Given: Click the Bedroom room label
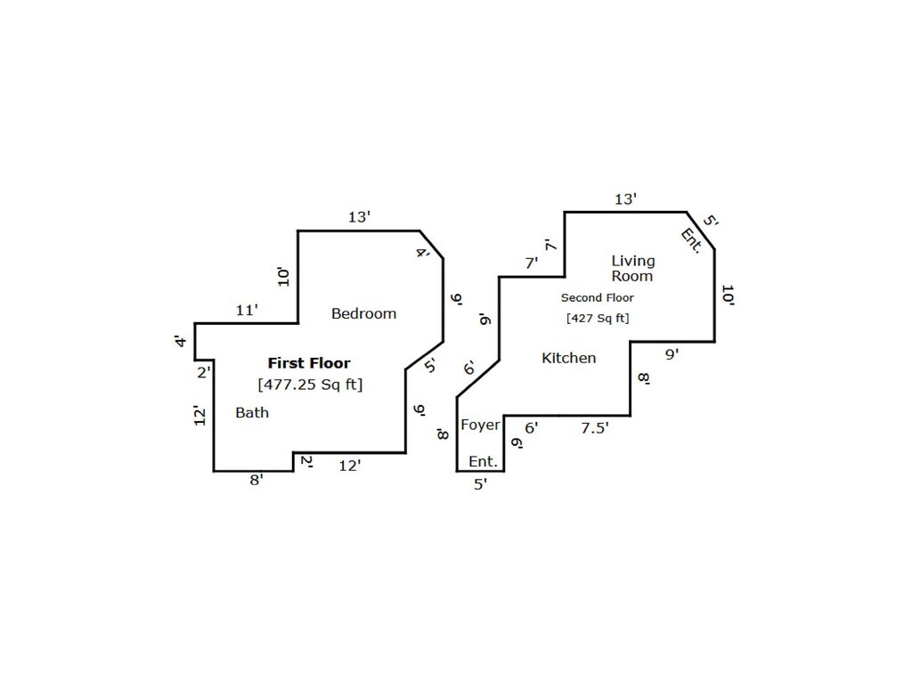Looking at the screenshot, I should tap(363, 313).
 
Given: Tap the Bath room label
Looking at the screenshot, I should tap(252, 413).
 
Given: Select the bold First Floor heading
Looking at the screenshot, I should tap(309, 363).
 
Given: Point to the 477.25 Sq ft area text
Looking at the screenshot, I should tap(310, 385).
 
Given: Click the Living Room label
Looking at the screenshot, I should tap(632, 268).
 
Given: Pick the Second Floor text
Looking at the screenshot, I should tap(597, 298).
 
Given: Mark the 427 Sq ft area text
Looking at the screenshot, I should tap(597, 318).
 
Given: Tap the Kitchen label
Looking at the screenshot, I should tap(569, 358).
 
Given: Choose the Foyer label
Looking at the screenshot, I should tap(480, 425).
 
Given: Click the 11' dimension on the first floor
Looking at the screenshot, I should tap(247, 311).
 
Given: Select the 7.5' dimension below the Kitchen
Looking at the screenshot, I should tap(595, 428).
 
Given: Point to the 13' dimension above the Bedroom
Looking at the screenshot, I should tap(359, 217).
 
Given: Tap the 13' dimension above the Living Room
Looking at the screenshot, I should tap(626, 199).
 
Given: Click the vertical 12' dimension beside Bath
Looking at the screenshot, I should tap(201, 415).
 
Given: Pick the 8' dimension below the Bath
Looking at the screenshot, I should tap(256, 480).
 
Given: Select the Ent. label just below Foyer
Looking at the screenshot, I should tap(483, 462).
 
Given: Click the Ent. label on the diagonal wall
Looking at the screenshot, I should tap(691, 240).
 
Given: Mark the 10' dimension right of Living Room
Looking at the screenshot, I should tap(728, 296).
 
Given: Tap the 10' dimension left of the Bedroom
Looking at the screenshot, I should tap(283, 276).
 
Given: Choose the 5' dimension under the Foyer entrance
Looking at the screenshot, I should tap(480, 485).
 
